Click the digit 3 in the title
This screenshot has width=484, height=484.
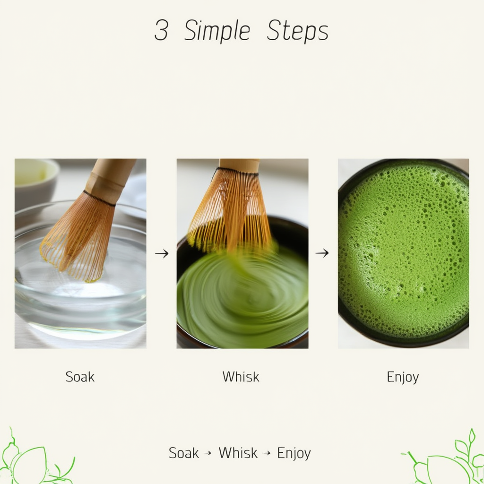(161, 31)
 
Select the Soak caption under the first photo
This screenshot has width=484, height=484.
(80, 377)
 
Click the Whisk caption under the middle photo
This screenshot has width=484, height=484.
(241, 377)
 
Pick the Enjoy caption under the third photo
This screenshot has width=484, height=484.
(403, 377)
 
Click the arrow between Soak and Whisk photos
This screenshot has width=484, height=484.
(162, 254)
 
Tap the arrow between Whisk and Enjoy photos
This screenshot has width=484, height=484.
(322, 253)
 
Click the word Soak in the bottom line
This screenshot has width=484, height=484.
(184, 453)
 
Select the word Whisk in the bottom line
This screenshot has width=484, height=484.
(238, 453)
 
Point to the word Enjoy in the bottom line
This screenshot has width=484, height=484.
(294, 453)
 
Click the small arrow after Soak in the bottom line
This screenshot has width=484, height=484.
(207, 453)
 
